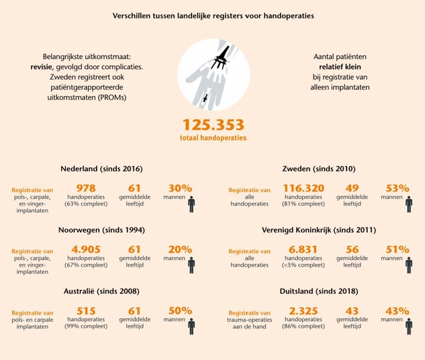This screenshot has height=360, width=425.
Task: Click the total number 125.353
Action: click(212, 125)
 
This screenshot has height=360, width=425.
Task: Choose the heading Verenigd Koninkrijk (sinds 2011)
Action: click(319, 230)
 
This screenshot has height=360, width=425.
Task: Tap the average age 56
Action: click(352, 250)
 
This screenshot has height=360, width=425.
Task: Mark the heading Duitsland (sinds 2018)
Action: click(319, 291)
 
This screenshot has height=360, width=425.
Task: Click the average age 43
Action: click(352, 312)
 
